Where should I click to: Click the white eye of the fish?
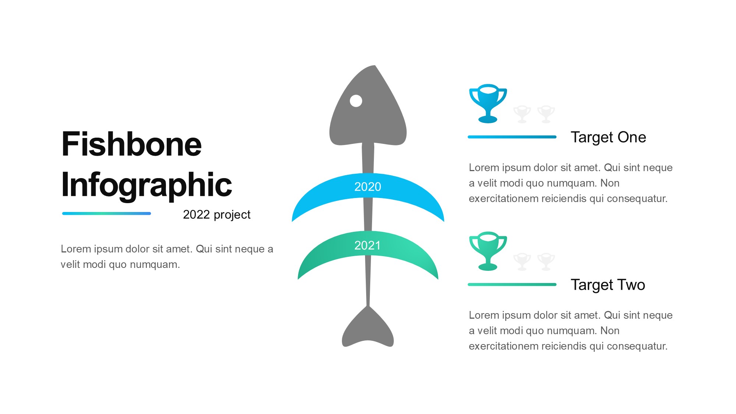[x=356, y=101]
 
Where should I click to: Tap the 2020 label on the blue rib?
[x=368, y=187]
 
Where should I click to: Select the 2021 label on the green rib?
[x=368, y=245]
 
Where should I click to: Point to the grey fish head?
[x=368, y=110]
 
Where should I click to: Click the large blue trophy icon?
[x=488, y=103]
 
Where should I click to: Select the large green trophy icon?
[x=488, y=251]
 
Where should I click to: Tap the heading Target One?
[x=608, y=137]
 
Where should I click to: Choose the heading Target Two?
[x=608, y=285]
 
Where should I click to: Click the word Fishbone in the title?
[x=131, y=144]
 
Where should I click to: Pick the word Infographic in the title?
[x=146, y=185]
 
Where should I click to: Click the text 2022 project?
[x=217, y=215]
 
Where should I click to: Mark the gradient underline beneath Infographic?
[x=107, y=213]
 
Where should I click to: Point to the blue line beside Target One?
[x=512, y=137]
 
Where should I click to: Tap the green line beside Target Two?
[x=512, y=284]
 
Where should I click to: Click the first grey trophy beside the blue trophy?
[x=522, y=114]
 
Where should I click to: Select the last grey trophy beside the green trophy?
[x=546, y=262]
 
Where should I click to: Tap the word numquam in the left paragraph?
[x=155, y=265]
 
